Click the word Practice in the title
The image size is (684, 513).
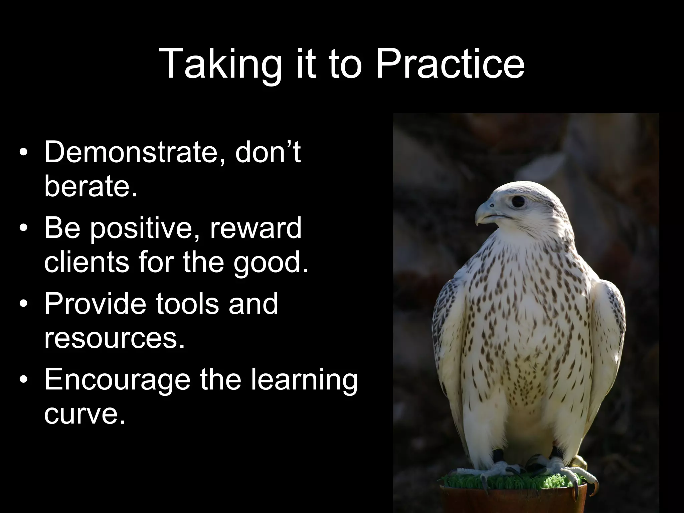(x=450, y=63)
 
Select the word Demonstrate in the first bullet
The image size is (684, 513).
(x=134, y=152)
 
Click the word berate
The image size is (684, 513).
(x=91, y=186)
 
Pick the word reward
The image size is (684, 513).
(x=255, y=228)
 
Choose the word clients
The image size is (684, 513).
(x=86, y=262)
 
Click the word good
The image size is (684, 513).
(x=271, y=263)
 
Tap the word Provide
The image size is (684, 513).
(x=95, y=304)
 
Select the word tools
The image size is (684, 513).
(x=188, y=304)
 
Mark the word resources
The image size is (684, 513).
(x=114, y=338)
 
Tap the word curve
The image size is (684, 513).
(x=85, y=414)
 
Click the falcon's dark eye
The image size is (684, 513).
(x=518, y=201)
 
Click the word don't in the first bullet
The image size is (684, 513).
(x=268, y=152)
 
